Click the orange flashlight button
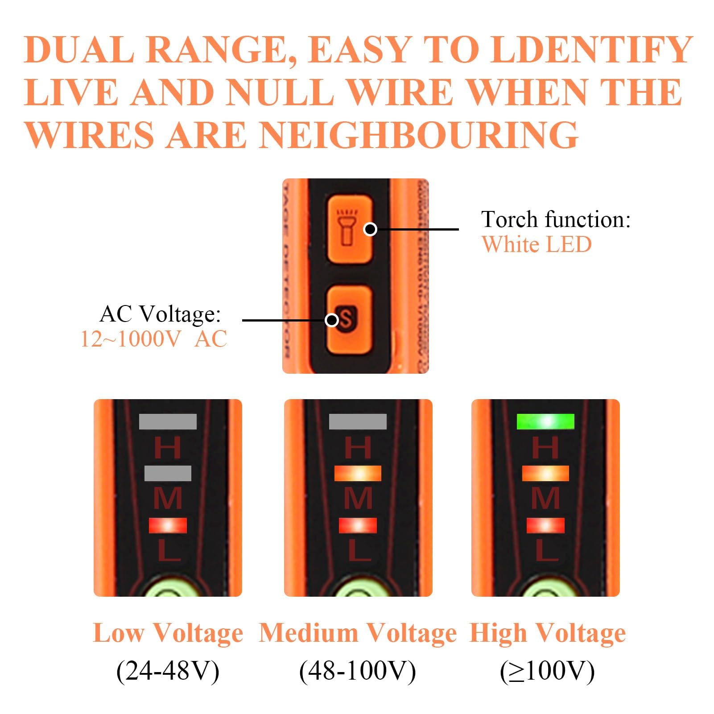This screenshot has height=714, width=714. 350,228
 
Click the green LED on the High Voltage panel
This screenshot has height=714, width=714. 545,421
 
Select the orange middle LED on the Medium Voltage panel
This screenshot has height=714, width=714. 358,473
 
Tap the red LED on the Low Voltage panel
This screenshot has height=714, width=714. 168,525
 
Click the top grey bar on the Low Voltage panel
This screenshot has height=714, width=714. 168,421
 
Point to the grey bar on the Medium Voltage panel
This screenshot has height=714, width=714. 358,421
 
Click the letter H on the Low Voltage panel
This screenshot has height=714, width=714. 168,447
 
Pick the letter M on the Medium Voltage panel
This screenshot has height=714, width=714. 358,498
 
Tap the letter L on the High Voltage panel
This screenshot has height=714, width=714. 545,550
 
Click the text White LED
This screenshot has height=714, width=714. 537,244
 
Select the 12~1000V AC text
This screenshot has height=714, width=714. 153,339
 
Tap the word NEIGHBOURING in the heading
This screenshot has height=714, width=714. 419,134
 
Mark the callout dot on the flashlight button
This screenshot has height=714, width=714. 370,229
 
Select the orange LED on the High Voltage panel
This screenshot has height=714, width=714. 545,473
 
